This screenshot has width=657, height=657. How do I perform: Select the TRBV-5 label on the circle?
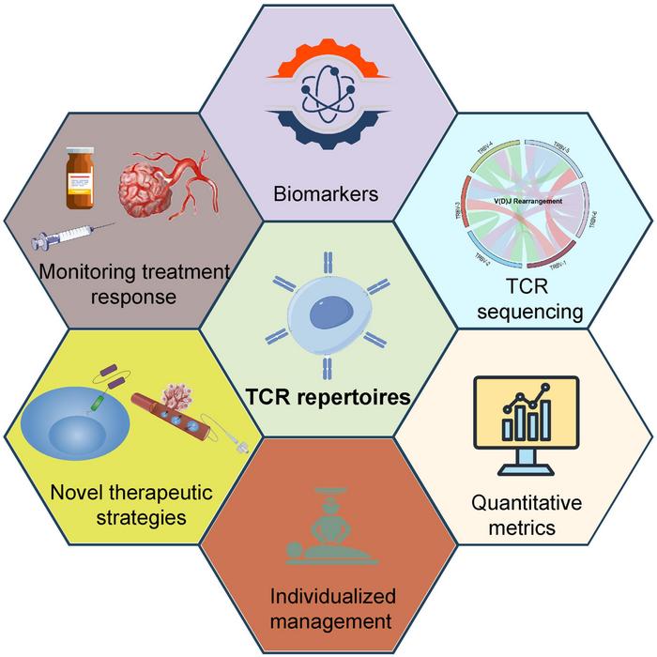click(x=561, y=149)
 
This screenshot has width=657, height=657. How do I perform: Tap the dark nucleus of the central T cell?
click(x=328, y=309)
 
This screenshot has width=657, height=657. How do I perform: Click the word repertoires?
click(x=360, y=397)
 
